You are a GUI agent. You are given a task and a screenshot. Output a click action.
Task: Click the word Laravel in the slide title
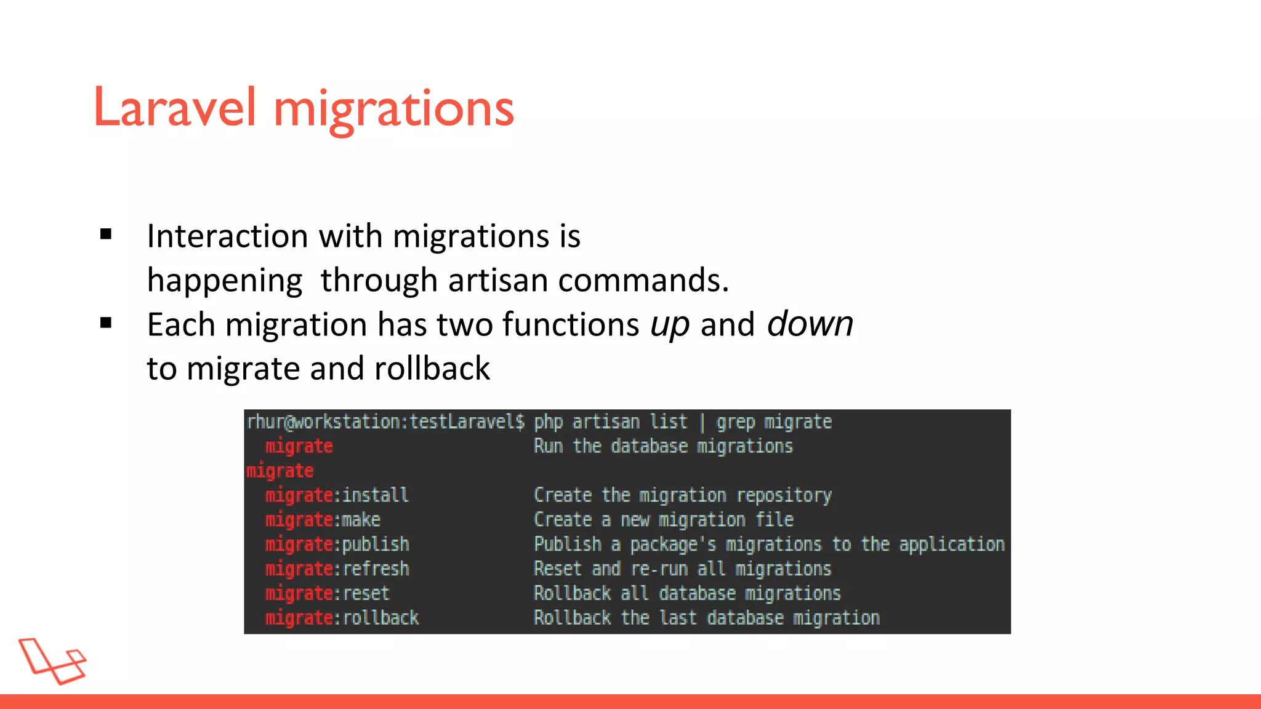tap(174, 108)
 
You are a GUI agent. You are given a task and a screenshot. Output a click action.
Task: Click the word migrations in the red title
tap(393, 109)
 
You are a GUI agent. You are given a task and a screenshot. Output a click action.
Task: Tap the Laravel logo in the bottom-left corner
tap(52, 661)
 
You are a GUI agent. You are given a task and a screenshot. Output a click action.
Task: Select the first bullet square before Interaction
tap(106, 234)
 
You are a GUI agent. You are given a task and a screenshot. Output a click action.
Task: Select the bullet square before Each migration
tap(106, 322)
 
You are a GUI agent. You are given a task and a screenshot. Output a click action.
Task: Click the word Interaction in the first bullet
tap(227, 236)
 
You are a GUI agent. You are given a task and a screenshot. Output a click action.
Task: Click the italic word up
tap(670, 325)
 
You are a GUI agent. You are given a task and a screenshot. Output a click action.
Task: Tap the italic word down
tap(810, 324)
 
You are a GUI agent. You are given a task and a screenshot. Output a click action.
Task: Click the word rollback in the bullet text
tap(432, 369)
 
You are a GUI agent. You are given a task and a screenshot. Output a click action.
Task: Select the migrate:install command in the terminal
tap(337, 495)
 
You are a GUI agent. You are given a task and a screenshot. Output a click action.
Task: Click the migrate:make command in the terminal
tap(323, 520)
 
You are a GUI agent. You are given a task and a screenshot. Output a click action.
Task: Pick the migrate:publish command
tap(337, 545)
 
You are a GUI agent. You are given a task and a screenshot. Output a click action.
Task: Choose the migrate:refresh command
tap(337, 569)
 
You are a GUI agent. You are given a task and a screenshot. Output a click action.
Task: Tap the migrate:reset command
tap(327, 594)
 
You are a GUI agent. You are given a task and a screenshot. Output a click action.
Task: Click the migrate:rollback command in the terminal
tap(342, 618)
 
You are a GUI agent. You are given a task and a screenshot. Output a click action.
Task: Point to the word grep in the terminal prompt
tap(735, 423)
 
